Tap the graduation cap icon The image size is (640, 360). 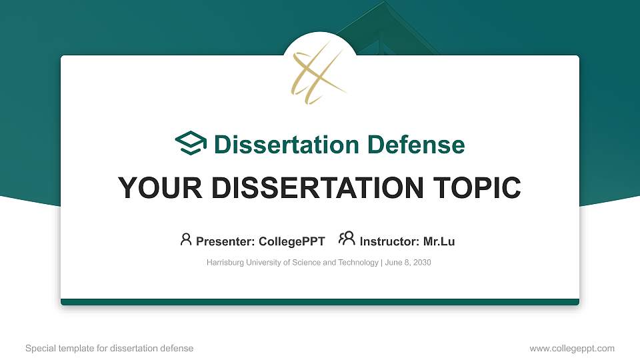pyautogui.click(x=191, y=143)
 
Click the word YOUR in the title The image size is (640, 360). pyautogui.click(x=153, y=188)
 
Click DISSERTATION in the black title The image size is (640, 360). pyautogui.click(x=309, y=188)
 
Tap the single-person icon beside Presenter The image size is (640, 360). pyautogui.click(x=186, y=239)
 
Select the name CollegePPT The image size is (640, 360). pyautogui.click(x=292, y=241)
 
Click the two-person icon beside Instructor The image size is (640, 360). pyautogui.click(x=347, y=239)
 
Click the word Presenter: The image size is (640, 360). pyautogui.click(x=224, y=241)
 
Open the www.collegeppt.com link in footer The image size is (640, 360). pyautogui.click(x=572, y=348)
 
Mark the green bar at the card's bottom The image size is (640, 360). pyautogui.click(x=320, y=302)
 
